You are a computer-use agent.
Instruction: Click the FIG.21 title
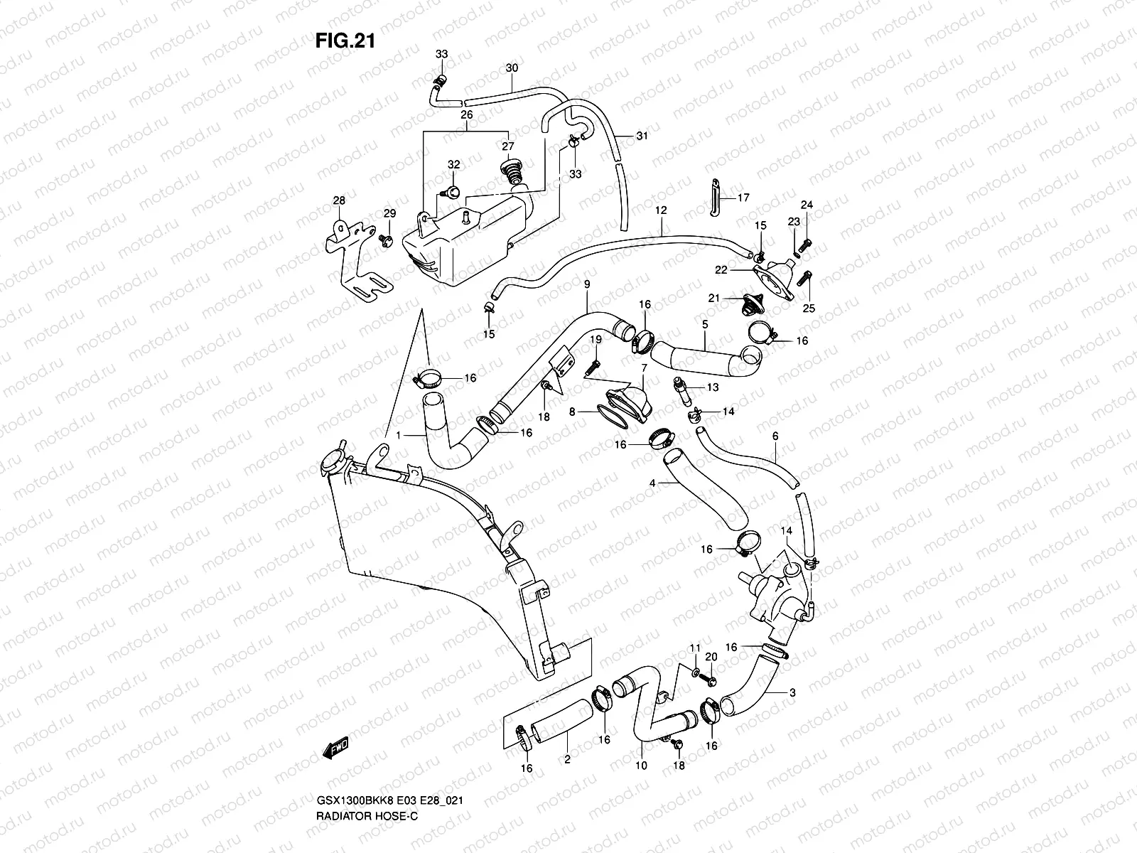345,41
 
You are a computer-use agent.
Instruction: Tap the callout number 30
512,68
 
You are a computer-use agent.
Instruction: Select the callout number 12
661,210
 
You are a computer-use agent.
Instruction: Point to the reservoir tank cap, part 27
510,173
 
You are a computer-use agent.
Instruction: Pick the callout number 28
339,201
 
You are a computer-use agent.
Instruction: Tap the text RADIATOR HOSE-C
367,816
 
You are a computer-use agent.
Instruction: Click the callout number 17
743,198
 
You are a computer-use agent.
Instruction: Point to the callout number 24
807,205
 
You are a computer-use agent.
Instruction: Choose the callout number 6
775,436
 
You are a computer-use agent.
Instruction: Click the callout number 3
792,692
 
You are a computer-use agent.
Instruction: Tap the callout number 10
641,766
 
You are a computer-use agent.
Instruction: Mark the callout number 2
567,760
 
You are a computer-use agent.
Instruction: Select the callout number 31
642,136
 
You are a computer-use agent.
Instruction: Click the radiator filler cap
333,463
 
